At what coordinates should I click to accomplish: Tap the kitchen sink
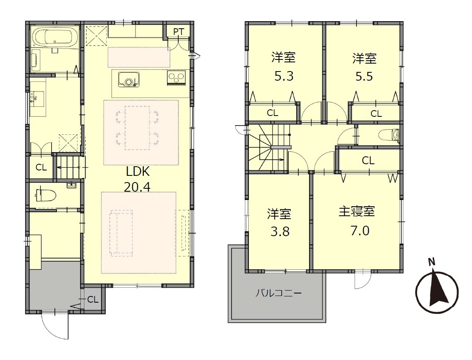coord(129,79)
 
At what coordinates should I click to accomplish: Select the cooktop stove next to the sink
coord(176,78)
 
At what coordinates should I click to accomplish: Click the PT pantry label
coord(179,31)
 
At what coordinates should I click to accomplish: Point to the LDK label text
coord(138,172)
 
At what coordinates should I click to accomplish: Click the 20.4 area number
coord(137,187)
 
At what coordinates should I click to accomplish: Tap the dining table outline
coord(137,128)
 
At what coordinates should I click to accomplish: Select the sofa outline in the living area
coord(121,233)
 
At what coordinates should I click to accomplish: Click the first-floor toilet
coord(46,195)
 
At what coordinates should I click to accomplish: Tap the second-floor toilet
coord(389,135)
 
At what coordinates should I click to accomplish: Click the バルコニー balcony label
coord(278,293)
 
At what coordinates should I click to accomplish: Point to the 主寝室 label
coord(357,212)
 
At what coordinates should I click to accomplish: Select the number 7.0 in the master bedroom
coord(360,231)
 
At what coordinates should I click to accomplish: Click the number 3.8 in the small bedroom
coord(280,232)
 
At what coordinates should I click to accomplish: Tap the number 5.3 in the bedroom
coord(284,76)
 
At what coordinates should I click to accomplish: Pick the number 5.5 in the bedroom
coord(364,76)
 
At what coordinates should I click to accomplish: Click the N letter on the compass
coord(432,262)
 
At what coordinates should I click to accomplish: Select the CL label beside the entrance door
coord(93,299)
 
